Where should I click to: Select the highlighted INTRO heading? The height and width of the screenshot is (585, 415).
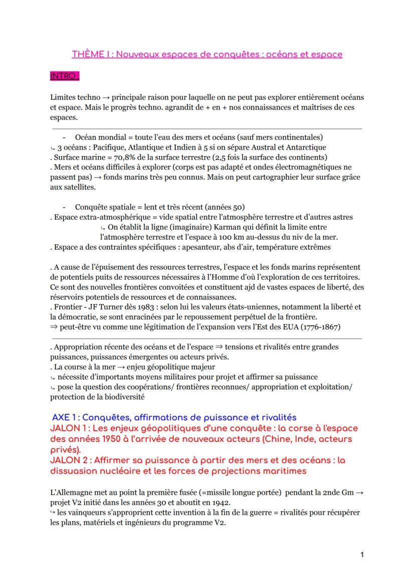pyautogui.click(x=65, y=77)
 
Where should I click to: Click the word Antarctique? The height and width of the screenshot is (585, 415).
pyautogui.click(x=306, y=147)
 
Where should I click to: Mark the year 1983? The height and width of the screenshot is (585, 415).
pyautogui.click(x=143, y=306)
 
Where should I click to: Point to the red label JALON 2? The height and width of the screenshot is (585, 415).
pyautogui.click(x=70, y=460)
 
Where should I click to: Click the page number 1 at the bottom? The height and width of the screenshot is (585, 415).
pyautogui.click(x=362, y=554)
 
